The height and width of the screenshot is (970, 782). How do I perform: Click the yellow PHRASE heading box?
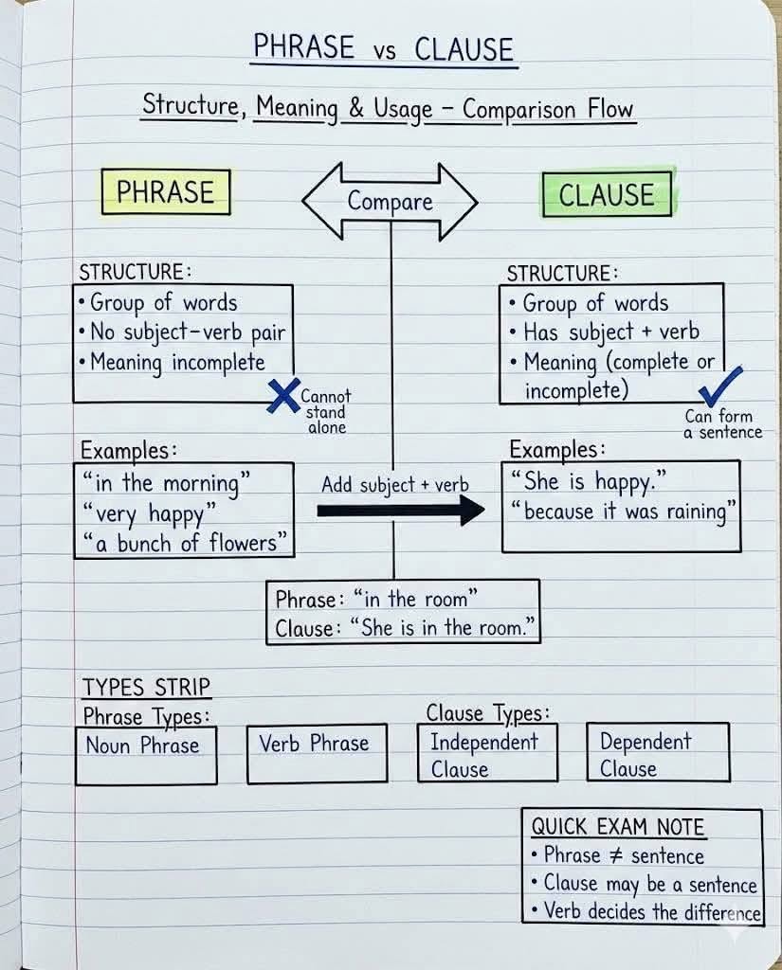tap(166, 192)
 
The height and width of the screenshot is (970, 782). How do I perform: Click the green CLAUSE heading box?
tap(607, 194)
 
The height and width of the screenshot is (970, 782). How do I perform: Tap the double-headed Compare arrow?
tap(390, 201)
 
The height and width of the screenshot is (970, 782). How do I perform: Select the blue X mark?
tap(282, 395)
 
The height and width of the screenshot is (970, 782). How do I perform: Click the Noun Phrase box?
tap(146, 755)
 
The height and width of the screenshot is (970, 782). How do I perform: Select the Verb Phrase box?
tap(317, 754)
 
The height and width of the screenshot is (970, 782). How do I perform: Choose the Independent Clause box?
tap(487, 754)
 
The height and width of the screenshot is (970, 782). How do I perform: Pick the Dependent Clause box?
tap(658, 754)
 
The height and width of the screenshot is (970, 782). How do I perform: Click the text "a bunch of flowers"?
tap(184, 543)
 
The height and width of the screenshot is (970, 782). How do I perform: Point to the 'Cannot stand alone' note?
tap(325, 412)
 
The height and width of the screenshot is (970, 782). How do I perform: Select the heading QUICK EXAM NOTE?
tap(617, 827)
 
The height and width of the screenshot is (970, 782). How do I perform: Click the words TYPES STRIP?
tap(147, 687)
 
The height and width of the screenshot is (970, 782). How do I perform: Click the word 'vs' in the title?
tap(384, 51)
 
